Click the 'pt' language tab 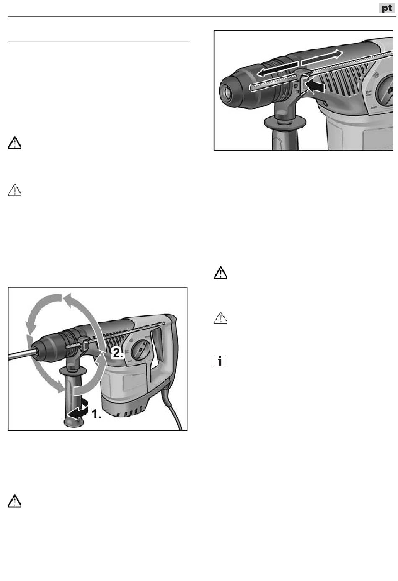pyautogui.click(x=387, y=8)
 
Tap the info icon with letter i pyautogui.click(x=220, y=361)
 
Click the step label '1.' pyautogui.click(x=97, y=414)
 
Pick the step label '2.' pyautogui.click(x=117, y=353)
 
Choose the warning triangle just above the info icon pyautogui.click(x=220, y=319)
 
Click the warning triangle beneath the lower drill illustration pyautogui.click(x=15, y=501)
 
